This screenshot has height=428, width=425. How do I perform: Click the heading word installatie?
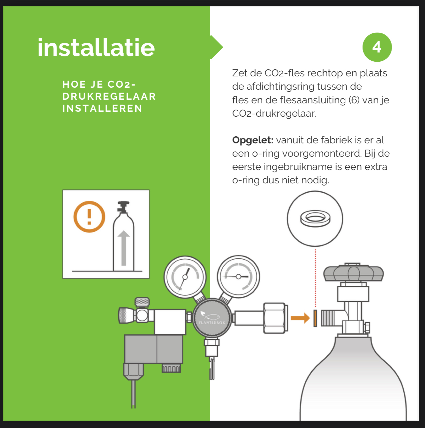tap(96, 47)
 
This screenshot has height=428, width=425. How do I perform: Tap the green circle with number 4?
tap(377, 47)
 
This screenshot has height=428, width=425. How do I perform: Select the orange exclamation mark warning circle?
tap(89, 217)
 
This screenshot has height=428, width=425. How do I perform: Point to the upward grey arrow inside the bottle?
tap(124, 248)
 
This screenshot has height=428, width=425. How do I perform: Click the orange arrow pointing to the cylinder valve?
tap(300, 318)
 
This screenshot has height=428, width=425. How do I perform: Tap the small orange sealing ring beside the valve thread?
tap(315, 318)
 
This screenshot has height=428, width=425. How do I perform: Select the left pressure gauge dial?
tap(185, 277)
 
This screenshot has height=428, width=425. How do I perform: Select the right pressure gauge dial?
tap(238, 277)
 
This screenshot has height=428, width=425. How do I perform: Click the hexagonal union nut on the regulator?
tap(275, 318)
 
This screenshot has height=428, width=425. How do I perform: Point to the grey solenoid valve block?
tap(154, 349)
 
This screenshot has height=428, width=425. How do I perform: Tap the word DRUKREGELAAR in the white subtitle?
tap(109, 96)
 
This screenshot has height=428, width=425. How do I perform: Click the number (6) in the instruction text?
tap(354, 100)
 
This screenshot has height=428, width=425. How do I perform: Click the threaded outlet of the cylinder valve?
tap(328, 318)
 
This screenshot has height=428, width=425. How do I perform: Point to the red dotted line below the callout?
tap(315, 278)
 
